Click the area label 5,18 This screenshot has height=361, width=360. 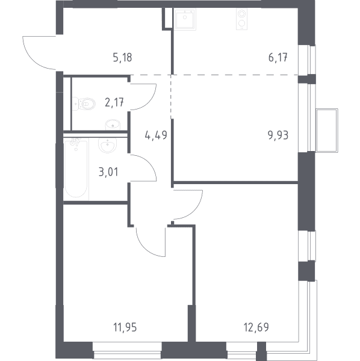coord(123,58)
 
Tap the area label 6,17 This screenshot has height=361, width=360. coord(278,58)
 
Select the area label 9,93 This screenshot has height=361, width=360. coord(278,135)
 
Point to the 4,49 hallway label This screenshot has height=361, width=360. coord(156,135)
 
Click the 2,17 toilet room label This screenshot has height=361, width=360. coord(114,102)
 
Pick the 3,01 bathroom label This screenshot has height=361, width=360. coord(108,172)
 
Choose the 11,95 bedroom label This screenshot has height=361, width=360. coord(125,327)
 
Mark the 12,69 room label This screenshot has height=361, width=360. coord(256,327)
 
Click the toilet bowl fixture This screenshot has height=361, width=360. coord(84,104)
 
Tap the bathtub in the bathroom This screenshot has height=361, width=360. coord(76,168)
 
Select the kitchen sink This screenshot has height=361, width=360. coord(185,19)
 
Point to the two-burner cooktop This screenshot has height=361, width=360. coord(241,19)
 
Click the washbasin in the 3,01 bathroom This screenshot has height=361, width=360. coord(108,145)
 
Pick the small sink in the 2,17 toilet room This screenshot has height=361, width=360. coord(113,125)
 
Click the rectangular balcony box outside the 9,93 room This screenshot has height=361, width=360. coord(327,131)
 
